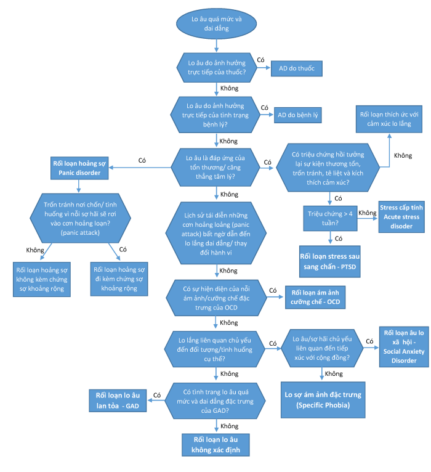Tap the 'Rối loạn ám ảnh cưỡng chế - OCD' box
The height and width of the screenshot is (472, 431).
[x=315, y=297]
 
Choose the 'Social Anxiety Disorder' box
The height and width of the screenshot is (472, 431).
[x=404, y=347]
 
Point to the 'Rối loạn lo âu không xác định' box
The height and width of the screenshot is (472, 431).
[x=216, y=444]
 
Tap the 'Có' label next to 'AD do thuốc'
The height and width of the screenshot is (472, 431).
[x=260, y=60]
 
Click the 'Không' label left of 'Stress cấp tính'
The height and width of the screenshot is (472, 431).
[x=367, y=213]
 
